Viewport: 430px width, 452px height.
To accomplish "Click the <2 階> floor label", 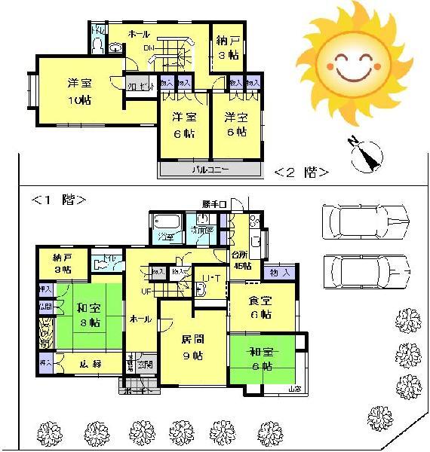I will tap(300, 171).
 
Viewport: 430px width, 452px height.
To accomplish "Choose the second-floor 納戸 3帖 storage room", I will tap(225, 46).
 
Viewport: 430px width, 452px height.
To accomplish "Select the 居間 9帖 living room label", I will tap(192, 347).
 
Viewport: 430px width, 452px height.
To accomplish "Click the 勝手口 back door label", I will tap(214, 204).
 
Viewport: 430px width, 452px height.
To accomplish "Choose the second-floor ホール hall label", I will tap(139, 35).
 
